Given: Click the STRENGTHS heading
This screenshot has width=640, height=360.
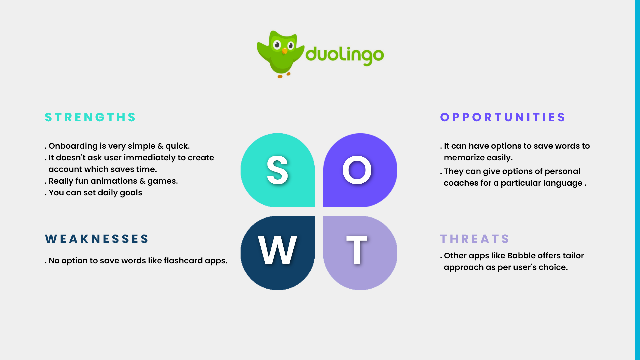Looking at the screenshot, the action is pyautogui.click(x=90, y=117).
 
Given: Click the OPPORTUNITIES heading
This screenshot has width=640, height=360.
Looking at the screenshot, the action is pyautogui.click(x=503, y=117).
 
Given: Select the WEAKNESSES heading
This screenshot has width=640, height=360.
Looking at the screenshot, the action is pyautogui.click(x=97, y=239).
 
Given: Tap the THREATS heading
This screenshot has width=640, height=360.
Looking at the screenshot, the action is pyautogui.click(x=475, y=239).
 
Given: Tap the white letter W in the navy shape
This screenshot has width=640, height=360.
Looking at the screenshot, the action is pyautogui.click(x=277, y=250).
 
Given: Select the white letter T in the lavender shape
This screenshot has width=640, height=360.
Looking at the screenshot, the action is pyautogui.click(x=357, y=250).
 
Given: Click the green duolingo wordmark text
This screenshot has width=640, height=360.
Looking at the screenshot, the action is pyautogui.click(x=345, y=55).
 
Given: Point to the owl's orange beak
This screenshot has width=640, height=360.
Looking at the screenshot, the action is pyautogui.click(x=285, y=51).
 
